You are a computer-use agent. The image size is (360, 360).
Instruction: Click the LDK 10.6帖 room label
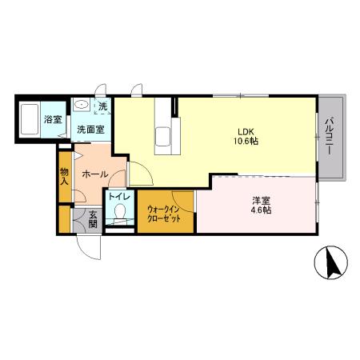coord(246,136)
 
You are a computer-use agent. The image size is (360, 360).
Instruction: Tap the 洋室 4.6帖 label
coord(261,205)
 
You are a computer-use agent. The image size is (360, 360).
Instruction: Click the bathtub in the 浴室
coord(30,119)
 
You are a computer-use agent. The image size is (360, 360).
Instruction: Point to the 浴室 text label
coord(53,119)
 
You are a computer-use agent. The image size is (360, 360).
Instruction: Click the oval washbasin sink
coord(82,104)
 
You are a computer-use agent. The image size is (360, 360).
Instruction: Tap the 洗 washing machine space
coord(102,106)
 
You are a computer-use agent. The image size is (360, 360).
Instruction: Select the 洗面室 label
coord(90,130)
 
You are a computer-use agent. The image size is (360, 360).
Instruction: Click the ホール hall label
coord(95,174)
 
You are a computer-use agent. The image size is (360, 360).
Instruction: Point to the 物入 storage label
coord(64,176)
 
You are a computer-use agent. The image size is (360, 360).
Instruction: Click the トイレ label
coord(119,197)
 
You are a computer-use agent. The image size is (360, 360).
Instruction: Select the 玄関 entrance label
coord(93,219)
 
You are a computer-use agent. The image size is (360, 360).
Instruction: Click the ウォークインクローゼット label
coord(164,214)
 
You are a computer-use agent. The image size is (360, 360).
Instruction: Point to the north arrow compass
coord(330,262)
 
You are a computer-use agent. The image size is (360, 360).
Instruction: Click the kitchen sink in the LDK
coord(162,137)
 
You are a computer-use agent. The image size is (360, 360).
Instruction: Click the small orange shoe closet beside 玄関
coord(65,219)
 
